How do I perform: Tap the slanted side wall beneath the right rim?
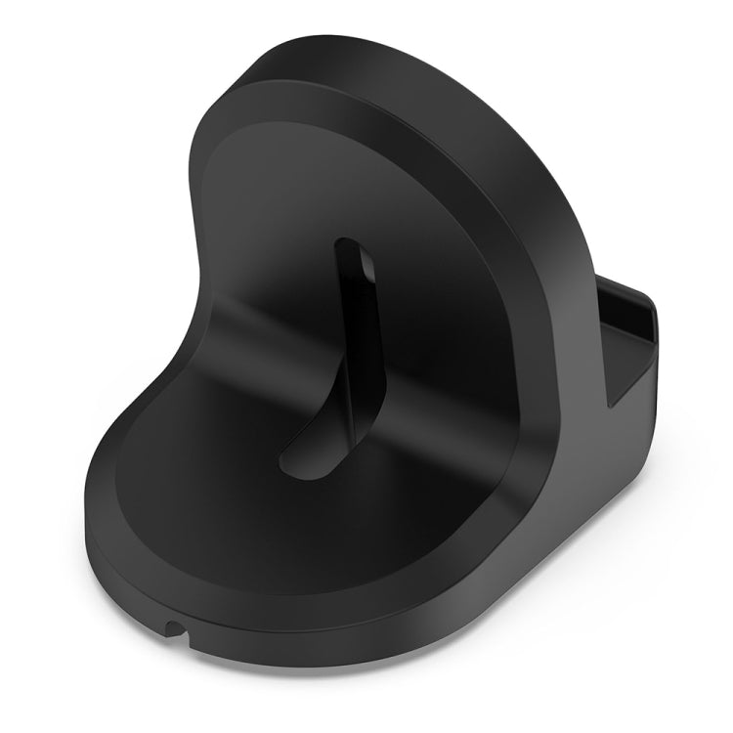[x=577, y=459]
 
